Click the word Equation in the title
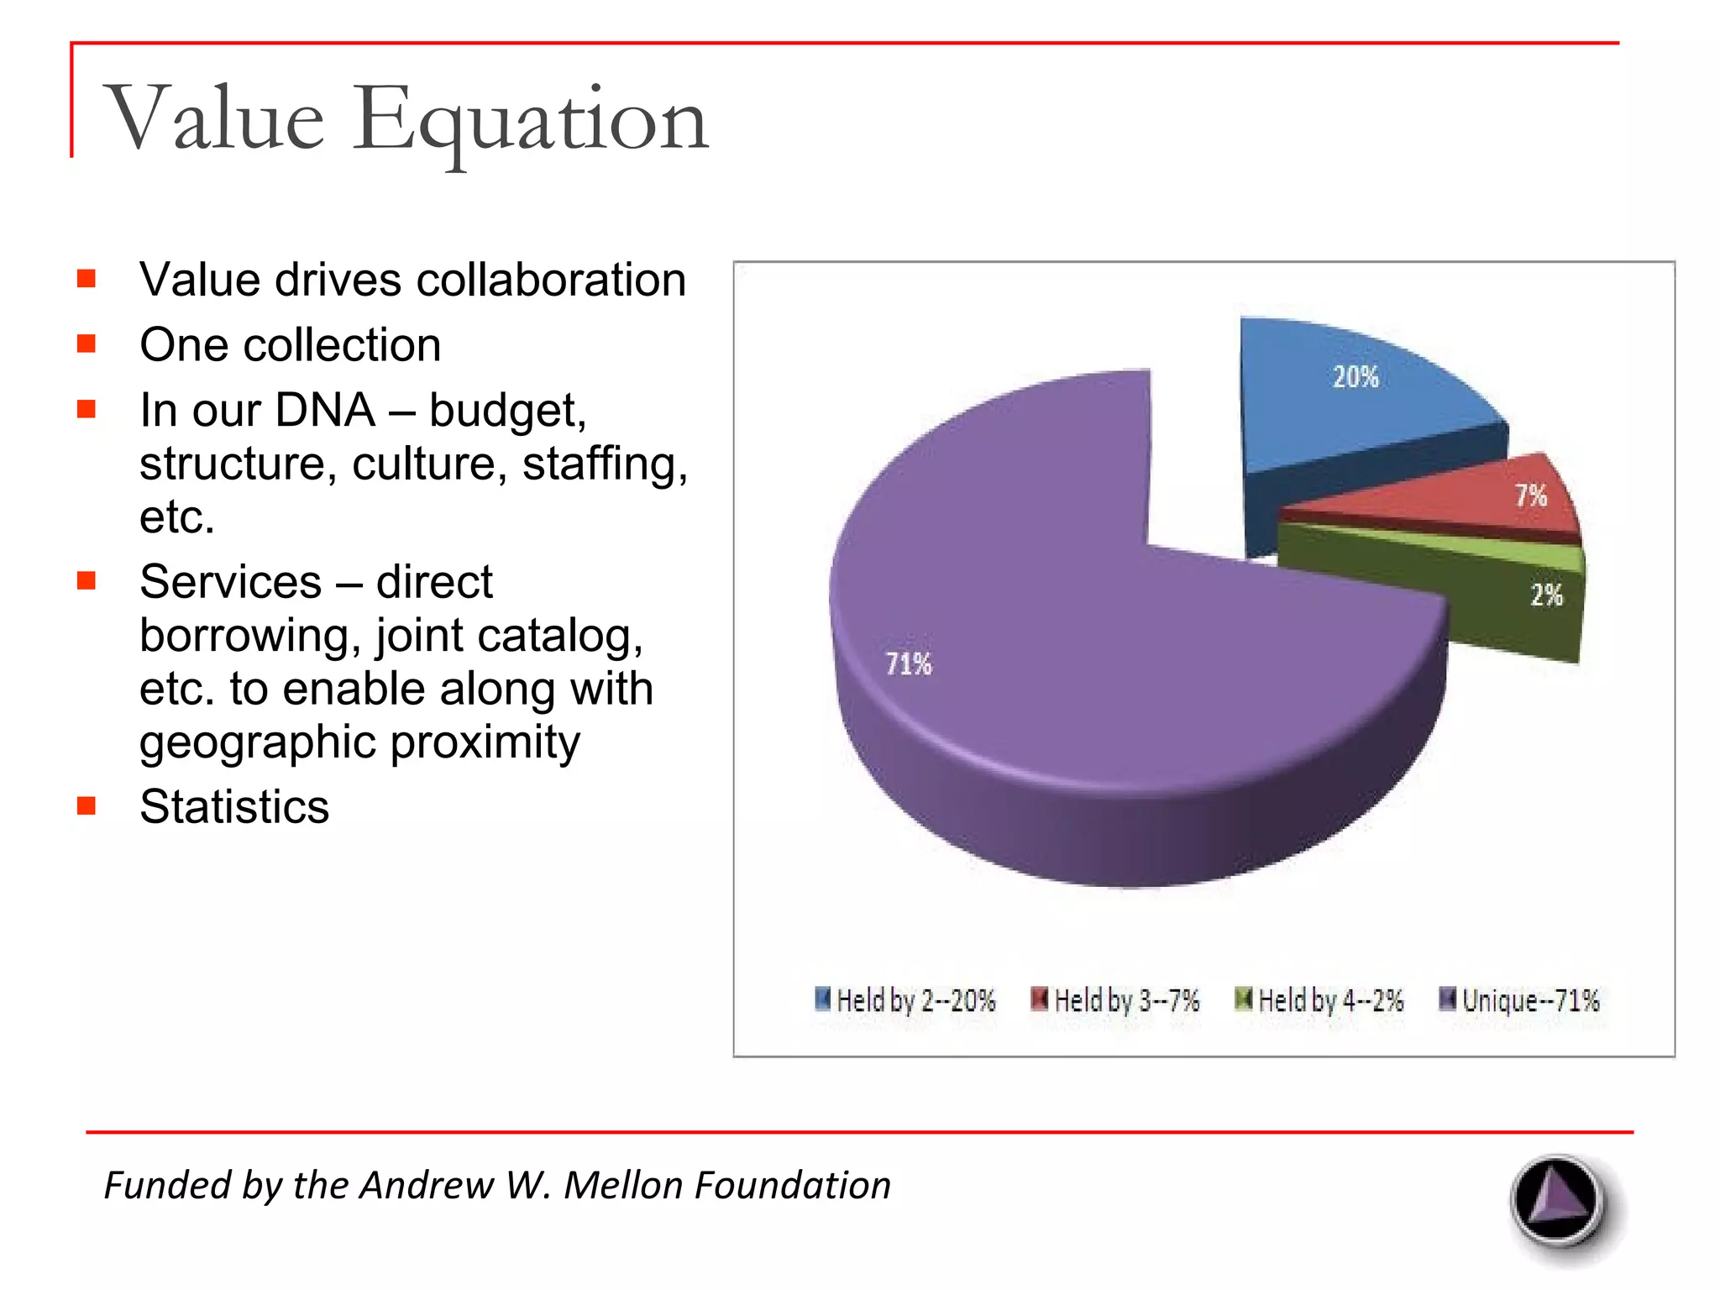click(531, 120)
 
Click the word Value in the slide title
click(214, 120)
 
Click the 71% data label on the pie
click(909, 664)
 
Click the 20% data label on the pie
click(1356, 377)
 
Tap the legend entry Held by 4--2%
click(1319, 999)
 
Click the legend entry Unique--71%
click(1519, 999)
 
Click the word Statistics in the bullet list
click(234, 807)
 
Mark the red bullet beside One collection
click(86, 343)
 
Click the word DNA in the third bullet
click(325, 411)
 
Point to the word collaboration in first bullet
click(550, 280)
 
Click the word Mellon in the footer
click(622, 1185)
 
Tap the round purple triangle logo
click(1558, 1202)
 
